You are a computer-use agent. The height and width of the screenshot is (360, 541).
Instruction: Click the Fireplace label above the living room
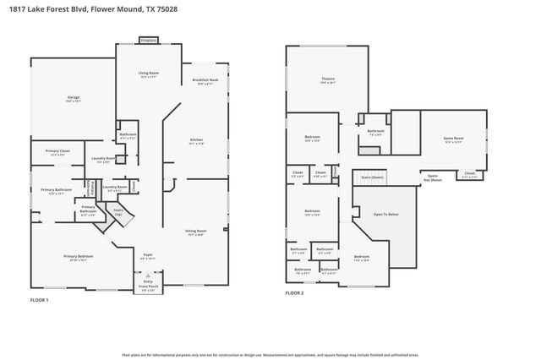148,40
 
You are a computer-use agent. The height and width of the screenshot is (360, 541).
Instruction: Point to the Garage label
74,99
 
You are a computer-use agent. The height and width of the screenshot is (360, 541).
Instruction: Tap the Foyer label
147,254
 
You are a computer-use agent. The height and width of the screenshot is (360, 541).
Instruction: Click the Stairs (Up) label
118,212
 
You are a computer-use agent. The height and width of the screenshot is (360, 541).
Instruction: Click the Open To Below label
385,215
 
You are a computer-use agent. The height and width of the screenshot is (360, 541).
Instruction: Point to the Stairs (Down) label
372,177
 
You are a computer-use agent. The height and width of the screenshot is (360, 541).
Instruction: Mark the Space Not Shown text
431,178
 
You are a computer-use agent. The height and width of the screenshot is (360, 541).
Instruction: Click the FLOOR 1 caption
40,300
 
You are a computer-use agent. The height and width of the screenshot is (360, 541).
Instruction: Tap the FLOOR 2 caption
294,292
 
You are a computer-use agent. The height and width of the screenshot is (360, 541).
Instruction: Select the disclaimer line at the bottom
270,355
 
